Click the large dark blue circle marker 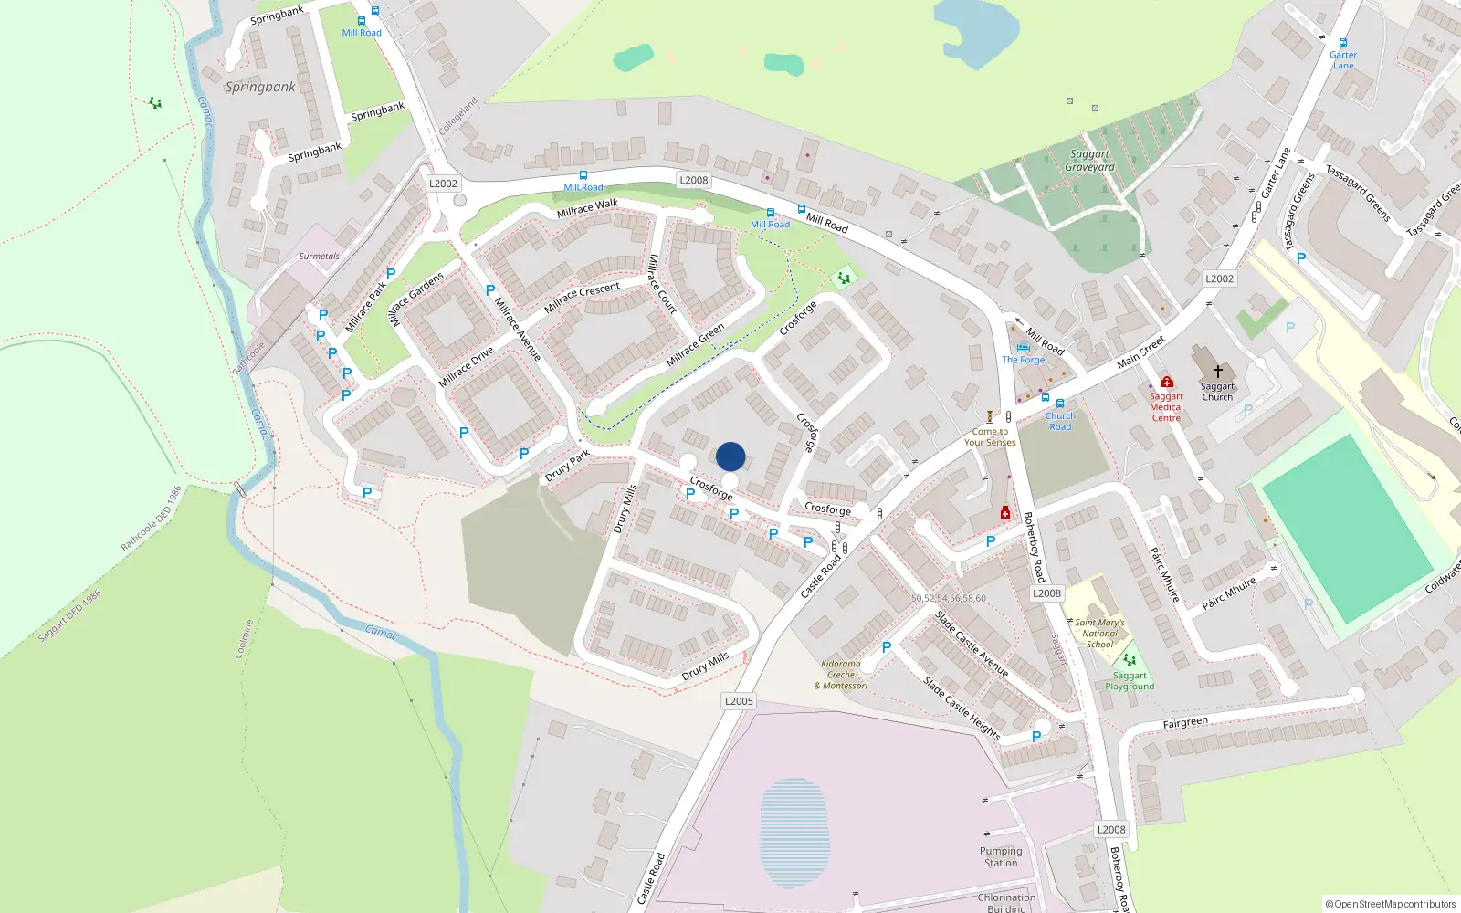coord(730,456)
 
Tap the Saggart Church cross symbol coord(1217,372)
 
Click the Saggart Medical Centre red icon coord(1166,382)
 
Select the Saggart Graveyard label coord(1089,161)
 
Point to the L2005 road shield coord(739,701)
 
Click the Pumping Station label coord(1001,856)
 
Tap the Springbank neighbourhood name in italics coord(260,87)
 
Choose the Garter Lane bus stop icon coord(1342,43)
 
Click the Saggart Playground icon coord(1130,660)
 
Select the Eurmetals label coord(319,257)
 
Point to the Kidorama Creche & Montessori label coord(841,675)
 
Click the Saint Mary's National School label coord(1099,634)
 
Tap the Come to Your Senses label coord(990,436)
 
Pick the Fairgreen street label coord(1185,723)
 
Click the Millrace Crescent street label coord(582,298)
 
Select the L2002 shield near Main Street coord(1219,278)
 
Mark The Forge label coord(1023,360)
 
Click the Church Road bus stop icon coord(1060,404)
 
